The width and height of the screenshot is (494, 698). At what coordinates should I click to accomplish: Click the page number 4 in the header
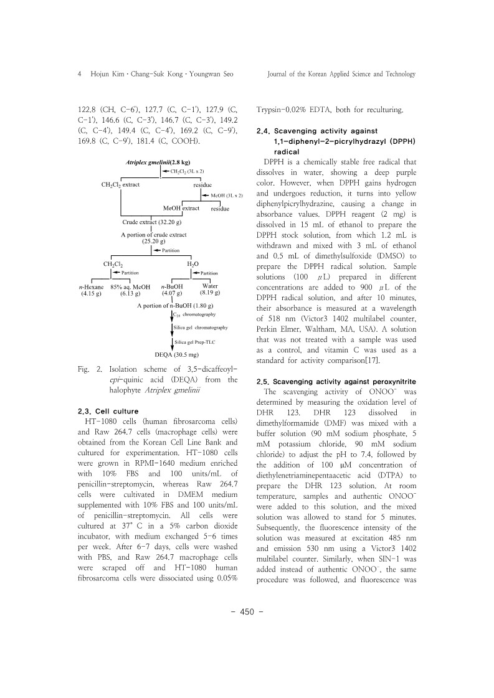(x=79, y=73)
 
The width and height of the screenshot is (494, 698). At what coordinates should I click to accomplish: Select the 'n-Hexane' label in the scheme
(x=92, y=287)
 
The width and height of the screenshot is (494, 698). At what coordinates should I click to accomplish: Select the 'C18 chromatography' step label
(x=194, y=316)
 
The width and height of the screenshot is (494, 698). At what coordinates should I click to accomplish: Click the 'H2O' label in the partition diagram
(x=194, y=264)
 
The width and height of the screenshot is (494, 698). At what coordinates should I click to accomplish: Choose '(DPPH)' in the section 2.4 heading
(x=394, y=142)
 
